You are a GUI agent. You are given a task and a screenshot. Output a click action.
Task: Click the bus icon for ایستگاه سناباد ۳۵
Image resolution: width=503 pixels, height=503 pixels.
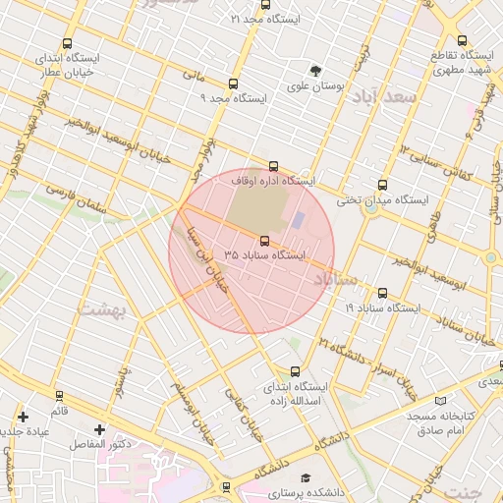pos(264,241)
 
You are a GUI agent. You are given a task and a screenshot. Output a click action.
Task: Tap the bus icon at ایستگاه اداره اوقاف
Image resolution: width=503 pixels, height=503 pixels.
pos(273,167)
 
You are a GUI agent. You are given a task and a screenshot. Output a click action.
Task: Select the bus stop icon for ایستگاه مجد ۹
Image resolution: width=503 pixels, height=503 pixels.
pos(233,84)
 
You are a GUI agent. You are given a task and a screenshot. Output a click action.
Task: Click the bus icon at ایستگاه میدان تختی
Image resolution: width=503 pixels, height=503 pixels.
pos(382,185)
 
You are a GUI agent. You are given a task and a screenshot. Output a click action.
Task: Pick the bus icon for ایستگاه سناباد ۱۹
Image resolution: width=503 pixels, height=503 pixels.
pos(382,293)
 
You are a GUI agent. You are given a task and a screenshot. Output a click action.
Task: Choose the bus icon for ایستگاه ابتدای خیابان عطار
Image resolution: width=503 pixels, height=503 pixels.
pos(67,44)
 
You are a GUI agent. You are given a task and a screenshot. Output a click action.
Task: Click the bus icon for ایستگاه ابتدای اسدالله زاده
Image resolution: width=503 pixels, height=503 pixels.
pos(295,371)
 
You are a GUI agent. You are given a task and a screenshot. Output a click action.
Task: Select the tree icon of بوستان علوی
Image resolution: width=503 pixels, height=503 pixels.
pos(315,71)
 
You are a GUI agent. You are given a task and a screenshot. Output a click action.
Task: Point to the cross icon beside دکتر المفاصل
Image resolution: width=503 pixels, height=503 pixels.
pos(99,430)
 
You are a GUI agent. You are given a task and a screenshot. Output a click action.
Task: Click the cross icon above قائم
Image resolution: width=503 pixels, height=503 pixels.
pos(23,418)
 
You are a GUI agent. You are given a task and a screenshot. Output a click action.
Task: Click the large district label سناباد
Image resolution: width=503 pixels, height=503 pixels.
pos(340,281)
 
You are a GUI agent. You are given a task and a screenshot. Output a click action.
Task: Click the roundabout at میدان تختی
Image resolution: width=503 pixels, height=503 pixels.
pos(371,208)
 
